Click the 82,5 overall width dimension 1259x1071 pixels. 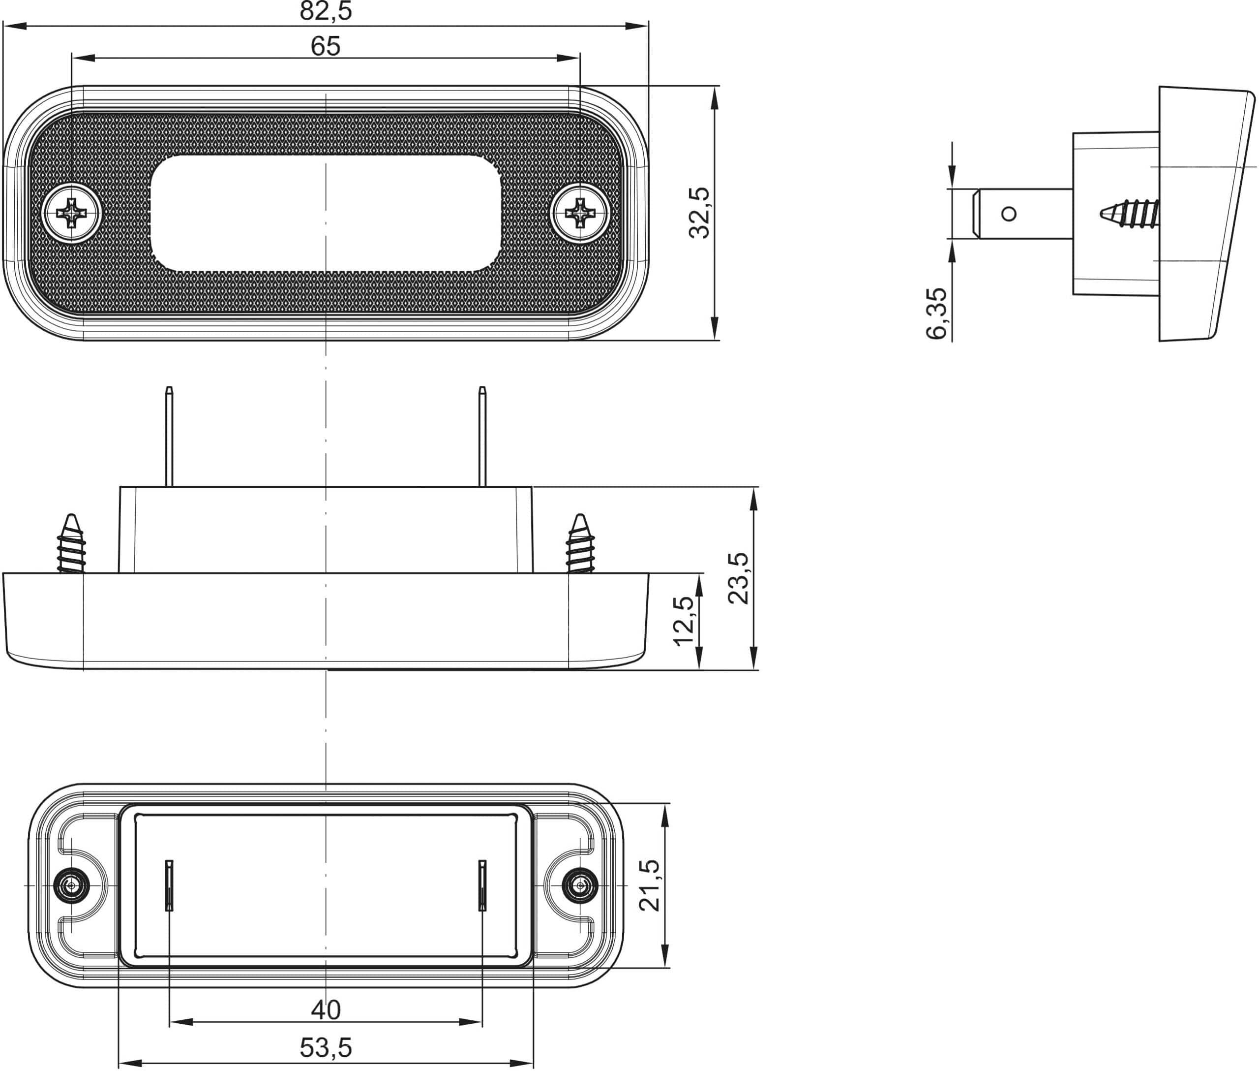point(326,11)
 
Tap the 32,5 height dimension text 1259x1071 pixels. point(699,213)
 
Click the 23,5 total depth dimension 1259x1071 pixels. point(738,578)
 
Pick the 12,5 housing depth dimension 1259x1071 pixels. point(684,621)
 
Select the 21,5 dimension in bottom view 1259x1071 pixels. point(650,885)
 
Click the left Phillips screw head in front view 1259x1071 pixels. point(72,213)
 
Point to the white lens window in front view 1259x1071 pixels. point(326,213)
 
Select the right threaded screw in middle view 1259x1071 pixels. point(580,545)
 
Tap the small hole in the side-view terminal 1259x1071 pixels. point(1008,214)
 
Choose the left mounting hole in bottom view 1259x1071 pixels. point(72,886)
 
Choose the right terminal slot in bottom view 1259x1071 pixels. point(482,885)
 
